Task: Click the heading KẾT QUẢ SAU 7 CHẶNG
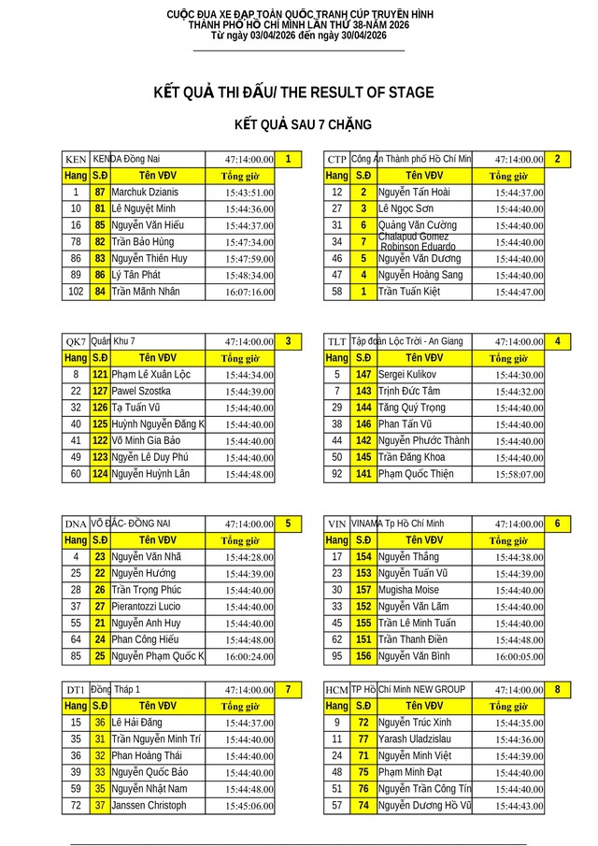(303, 124)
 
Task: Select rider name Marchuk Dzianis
(144, 192)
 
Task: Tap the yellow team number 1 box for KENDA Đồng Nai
(289, 159)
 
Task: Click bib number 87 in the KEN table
(100, 192)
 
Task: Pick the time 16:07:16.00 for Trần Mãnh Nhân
(249, 292)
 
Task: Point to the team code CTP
(336, 160)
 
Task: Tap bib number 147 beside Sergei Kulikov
(364, 374)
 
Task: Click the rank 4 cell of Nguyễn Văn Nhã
(76, 556)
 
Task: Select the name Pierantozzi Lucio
(146, 607)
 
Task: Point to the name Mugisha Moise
(408, 590)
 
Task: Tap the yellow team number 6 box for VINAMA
(557, 523)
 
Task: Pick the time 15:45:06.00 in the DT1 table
(249, 806)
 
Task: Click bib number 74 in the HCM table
(364, 805)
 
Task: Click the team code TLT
(336, 342)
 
